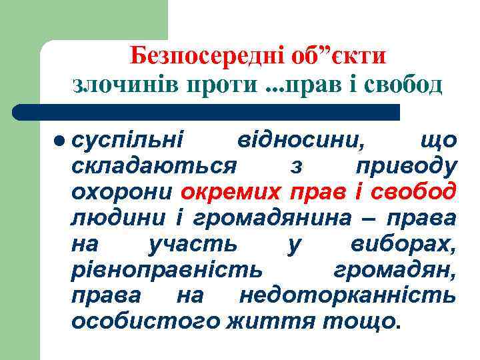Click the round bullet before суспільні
click(61, 140)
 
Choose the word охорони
click(123, 191)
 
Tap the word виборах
click(404, 244)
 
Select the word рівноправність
click(167, 270)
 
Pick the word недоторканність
click(347, 295)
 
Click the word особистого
click(145, 322)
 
